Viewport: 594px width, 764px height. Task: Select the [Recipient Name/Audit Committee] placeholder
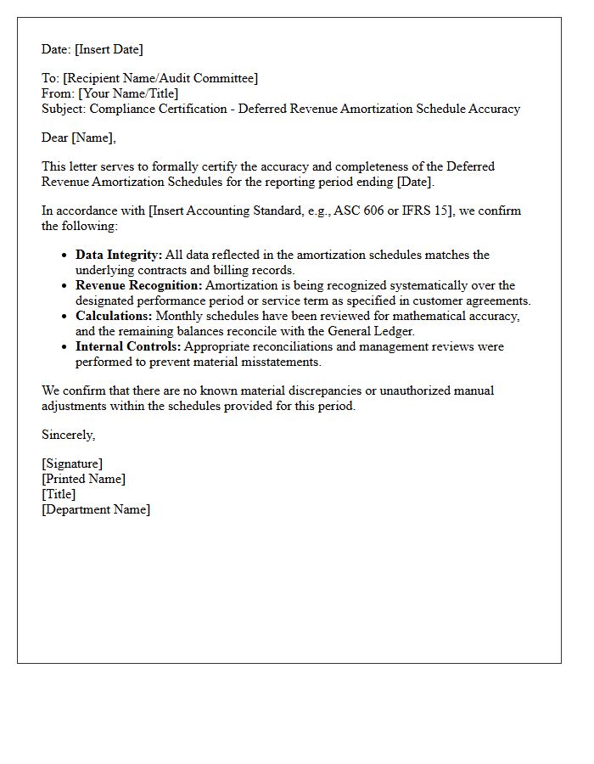pos(160,78)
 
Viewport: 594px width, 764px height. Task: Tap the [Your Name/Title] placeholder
pos(128,93)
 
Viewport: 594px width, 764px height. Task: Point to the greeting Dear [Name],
pos(79,138)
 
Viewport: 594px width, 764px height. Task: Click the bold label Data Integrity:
pos(118,255)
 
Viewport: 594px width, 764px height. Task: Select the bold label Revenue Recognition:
pos(139,285)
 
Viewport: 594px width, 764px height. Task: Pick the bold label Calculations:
pos(114,316)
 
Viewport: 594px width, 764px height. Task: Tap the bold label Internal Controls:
pos(128,346)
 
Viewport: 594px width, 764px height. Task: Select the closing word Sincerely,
pos(69,435)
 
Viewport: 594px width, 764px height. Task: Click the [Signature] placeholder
pos(72,463)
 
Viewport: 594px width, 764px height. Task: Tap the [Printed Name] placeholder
pos(83,479)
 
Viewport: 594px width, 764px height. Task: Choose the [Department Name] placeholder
pos(96,509)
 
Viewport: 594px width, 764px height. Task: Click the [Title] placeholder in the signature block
pos(59,494)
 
